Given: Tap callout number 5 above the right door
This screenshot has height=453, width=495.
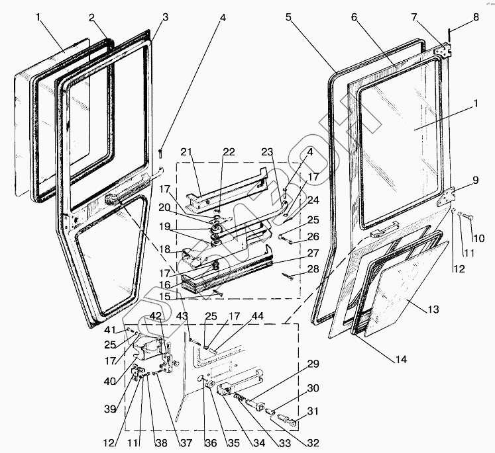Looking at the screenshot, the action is pyautogui.click(x=288, y=17).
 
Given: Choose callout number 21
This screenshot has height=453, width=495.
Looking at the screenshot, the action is pyautogui.click(x=187, y=153).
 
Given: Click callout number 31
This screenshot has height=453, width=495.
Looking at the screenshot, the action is pyautogui.click(x=313, y=411).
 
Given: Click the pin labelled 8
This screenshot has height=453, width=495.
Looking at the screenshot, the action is pyautogui.click(x=450, y=33).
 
